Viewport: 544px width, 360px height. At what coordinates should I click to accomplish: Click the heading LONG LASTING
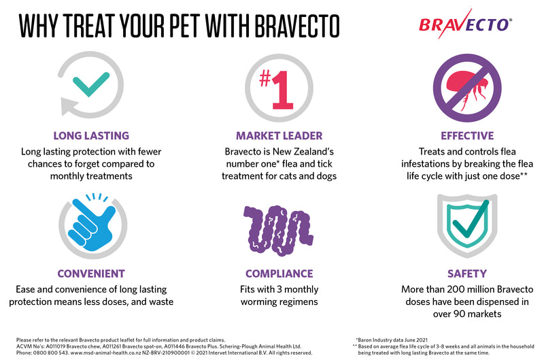tap(90, 135)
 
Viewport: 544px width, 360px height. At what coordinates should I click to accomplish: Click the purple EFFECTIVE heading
tap(466, 135)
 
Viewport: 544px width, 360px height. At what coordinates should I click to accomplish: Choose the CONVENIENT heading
tap(90, 274)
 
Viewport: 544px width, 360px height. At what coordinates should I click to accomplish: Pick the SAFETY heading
tap(466, 274)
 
